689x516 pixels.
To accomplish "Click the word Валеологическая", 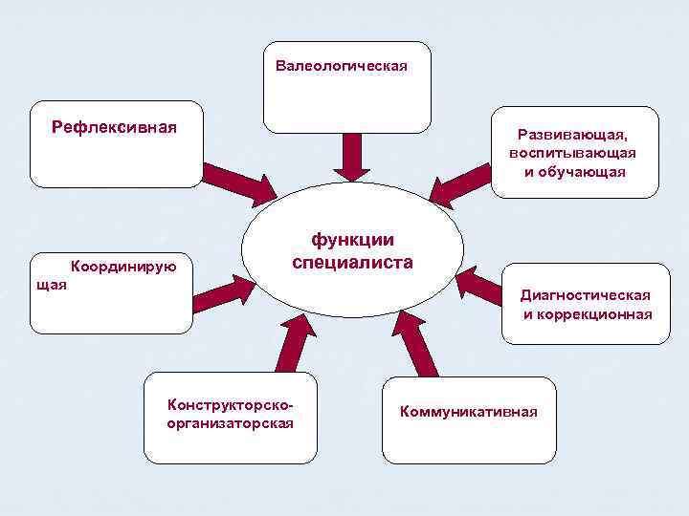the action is coord(342,66).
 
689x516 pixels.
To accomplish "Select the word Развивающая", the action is coord(573,136).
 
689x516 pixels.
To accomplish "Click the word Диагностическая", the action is coord(585,295).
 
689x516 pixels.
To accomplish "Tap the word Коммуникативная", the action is coord(469,411).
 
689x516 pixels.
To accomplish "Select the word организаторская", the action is coord(230,422).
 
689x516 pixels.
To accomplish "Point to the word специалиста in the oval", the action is coord(352,263).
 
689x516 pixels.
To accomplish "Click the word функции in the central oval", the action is coord(352,240).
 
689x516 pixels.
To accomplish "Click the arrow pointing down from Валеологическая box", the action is coord(352,156).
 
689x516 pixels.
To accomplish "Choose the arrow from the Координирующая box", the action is coord(219,294).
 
